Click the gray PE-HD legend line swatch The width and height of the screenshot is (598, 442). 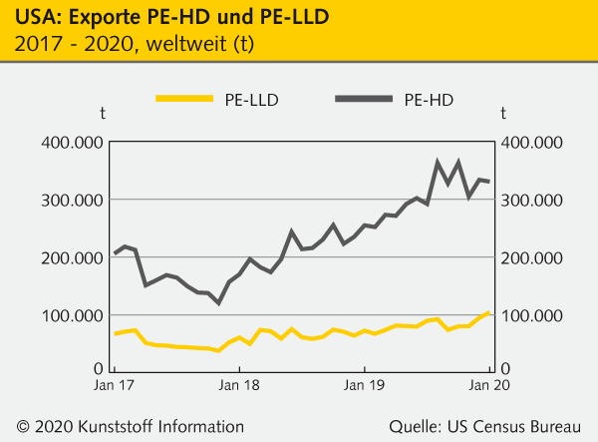[364, 98]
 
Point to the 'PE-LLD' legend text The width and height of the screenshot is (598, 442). [252, 99]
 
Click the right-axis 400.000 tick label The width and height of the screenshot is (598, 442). [531, 143]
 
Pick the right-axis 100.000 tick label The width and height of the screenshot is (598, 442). [531, 316]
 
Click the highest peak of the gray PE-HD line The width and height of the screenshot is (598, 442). [439, 162]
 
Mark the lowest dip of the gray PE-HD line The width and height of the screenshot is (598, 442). [218, 302]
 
